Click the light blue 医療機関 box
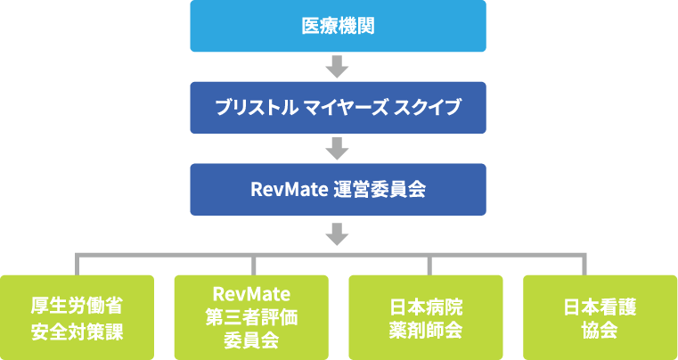click(x=338, y=26)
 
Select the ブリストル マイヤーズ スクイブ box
click(x=338, y=108)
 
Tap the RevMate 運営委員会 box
click(x=338, y=190)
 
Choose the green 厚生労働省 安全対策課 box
click(x=77, y=317)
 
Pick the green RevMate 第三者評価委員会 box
click(x=252, y=317)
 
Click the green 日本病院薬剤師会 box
click(x=427, y=317)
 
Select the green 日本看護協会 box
click(x=600, y=317)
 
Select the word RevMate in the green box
click(x=252, y=294)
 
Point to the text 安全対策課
click(x=77, y=331)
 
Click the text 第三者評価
click(x=252, y=317)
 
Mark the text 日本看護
click(x=600, y=306)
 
